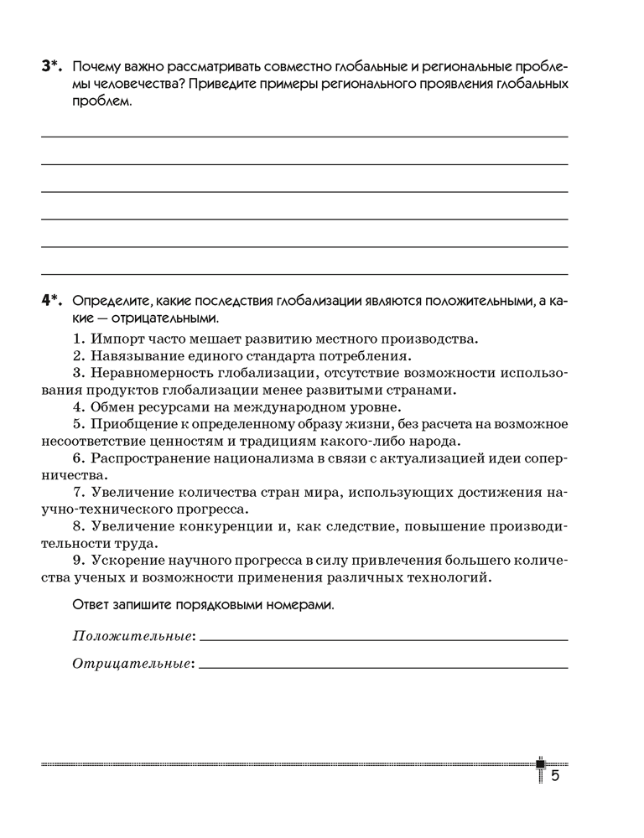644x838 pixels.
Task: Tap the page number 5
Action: click(x=554, y=776)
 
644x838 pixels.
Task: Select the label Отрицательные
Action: click(x=132, y=664)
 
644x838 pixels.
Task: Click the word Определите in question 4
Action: click(x=109, y=301)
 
